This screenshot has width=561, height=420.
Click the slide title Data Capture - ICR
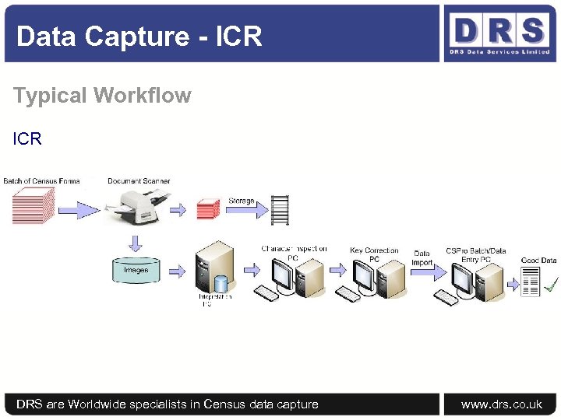pos(139,37)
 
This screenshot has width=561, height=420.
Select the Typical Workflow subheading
pos(102,96)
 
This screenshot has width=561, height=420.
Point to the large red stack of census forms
pos(33,206)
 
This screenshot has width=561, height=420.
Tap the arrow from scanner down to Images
pos(136,243)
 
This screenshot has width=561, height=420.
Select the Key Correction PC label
pos(374,254)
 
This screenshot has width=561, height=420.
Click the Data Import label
pos(422,257)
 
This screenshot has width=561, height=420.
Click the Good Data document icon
pos(530,282)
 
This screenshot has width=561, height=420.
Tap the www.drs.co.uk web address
pos(501,404)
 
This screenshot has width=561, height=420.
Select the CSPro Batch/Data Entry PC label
pos(475,254)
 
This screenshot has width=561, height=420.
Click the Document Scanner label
pos(139,181)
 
